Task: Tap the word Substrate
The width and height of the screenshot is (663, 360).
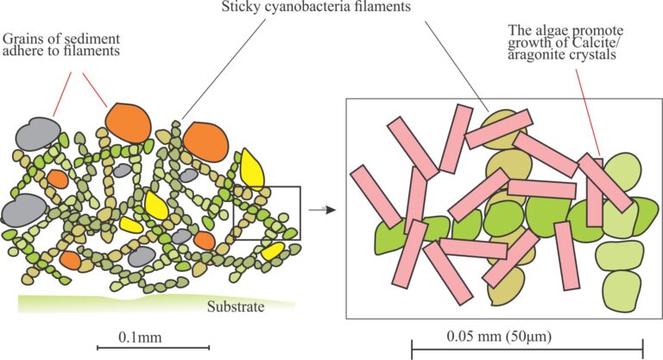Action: pos(235,306)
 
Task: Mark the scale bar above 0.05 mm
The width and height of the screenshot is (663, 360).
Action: pos(527,349)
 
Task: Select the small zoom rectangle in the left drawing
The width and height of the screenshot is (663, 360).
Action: pos(267,212)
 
